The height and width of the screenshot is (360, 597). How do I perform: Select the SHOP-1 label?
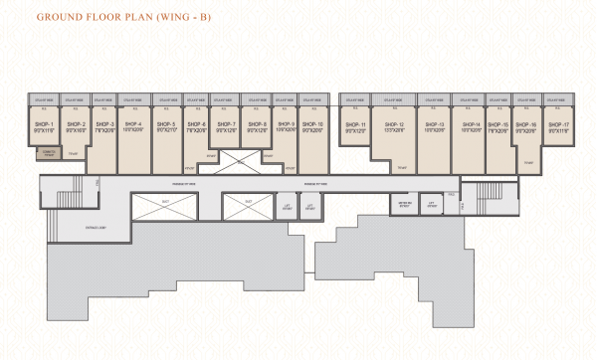point(44,123)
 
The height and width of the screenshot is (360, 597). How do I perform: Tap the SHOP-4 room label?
point(133,123)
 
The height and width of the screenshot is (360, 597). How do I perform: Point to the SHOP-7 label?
point(227,123)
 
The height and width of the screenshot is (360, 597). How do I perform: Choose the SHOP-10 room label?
point(313,123)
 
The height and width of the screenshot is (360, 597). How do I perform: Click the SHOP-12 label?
point(394,123)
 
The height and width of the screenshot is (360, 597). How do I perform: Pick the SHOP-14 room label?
point(471,123)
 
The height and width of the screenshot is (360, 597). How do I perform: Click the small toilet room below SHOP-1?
point(46,153)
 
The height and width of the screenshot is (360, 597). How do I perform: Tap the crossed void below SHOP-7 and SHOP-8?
point(239,158)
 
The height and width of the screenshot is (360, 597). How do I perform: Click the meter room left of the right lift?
point(405,204)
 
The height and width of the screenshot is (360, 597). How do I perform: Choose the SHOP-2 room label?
point(77,123)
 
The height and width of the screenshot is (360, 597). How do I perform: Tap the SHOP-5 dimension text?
point(166,129)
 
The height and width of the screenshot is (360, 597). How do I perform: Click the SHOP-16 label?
point(527,123)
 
